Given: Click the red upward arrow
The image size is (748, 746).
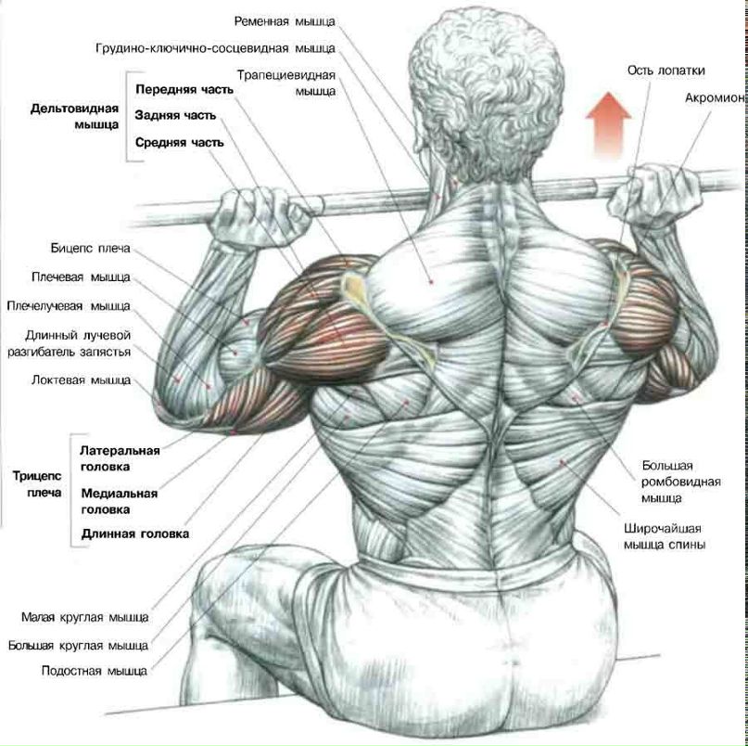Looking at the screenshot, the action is [x=608, y=125].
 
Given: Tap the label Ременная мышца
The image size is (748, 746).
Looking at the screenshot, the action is [x=285, y=21].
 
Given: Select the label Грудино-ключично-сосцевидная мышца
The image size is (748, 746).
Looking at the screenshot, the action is [x=216, y=48].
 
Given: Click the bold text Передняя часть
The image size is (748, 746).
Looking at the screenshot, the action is [x=184, y=89].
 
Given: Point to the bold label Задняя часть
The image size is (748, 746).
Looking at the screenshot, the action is [x=175, y=116].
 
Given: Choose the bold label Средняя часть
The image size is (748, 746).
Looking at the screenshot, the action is [x=180, y=142].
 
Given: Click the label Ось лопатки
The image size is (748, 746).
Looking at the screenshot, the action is [x=666, y=71].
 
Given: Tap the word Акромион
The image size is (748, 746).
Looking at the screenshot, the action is [x=715, y=98].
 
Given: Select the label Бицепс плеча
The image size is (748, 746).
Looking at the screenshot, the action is [x=90, y=249].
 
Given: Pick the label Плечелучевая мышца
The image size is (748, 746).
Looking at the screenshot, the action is [x=69, y=305].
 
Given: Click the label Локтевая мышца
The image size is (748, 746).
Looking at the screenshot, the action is [x=81, y=380].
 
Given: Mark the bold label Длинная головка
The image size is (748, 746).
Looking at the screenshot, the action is [x=135, y=534].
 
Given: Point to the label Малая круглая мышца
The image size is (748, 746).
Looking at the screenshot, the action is [x=85, y=617].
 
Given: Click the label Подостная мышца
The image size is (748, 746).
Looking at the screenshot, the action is [x=95, y=671].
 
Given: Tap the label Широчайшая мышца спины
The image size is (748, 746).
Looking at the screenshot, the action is [x=664, y=537].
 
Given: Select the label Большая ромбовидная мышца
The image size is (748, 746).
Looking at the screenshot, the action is [x=680, y=482].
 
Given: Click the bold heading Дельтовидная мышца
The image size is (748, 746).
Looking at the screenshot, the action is [x=74, y=117].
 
